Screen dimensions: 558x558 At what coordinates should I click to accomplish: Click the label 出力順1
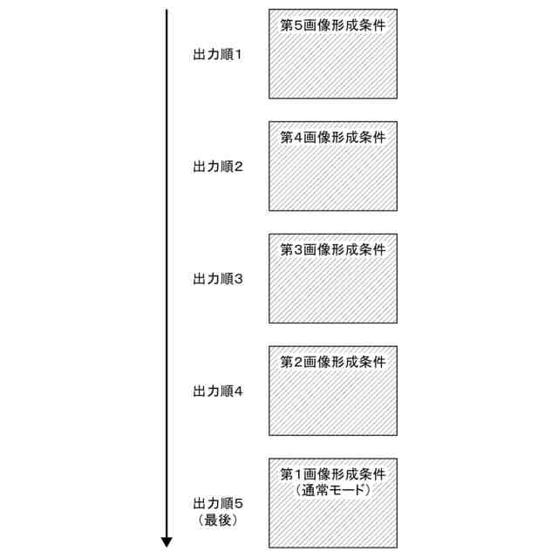217,54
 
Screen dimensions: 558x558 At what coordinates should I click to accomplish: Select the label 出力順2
217,167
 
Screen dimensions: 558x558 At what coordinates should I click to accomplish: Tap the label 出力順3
217,279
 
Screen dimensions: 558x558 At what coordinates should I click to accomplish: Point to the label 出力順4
217,391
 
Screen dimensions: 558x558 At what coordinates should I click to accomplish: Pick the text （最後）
217,521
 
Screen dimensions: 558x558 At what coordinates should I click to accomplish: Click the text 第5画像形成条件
333,25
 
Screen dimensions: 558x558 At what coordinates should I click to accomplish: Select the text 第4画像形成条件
333,138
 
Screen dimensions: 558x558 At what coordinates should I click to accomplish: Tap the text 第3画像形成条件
333,250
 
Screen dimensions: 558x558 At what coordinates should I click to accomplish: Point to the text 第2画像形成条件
333,361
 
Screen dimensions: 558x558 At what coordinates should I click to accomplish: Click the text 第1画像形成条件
333,474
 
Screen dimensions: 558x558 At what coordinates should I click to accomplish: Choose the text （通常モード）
334,491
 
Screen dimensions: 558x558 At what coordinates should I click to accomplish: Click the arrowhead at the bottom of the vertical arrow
167,541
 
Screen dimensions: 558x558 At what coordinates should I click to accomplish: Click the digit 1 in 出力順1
239,54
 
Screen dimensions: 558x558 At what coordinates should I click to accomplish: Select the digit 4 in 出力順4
239,391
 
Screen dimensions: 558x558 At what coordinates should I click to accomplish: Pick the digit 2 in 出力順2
239,167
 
